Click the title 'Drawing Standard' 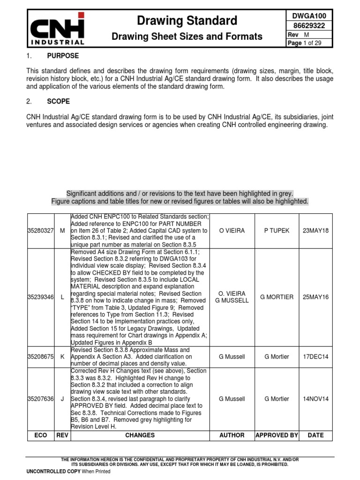point(187,20)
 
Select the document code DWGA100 point(309,15)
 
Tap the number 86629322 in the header point(309,26)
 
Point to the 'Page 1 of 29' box point(309,43)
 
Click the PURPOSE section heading point(63,56)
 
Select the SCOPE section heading point(59,101)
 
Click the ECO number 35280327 point(41,231)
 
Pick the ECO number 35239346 point(41,297)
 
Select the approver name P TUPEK point(277,231)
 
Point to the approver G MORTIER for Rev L point(277,297)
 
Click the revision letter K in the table point(62,357)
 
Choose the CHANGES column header point(140,435)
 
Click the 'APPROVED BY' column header point(277,435)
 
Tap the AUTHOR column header point(232,435)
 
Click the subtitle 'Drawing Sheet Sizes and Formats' point(187,37)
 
